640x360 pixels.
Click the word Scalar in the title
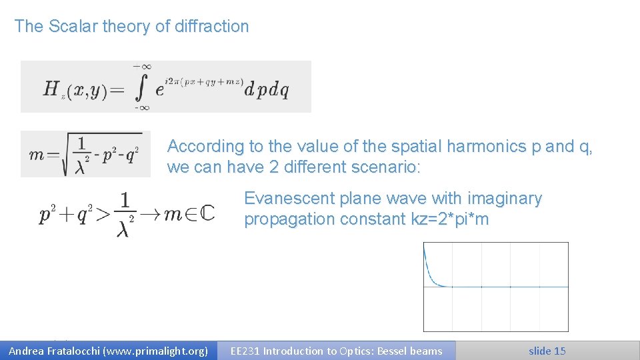coord(73,27)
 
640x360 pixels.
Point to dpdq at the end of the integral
coord(267,90)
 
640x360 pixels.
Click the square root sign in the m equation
coord(65,154)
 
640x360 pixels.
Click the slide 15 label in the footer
coord(547,351)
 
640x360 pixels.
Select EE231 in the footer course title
coord(245,351)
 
